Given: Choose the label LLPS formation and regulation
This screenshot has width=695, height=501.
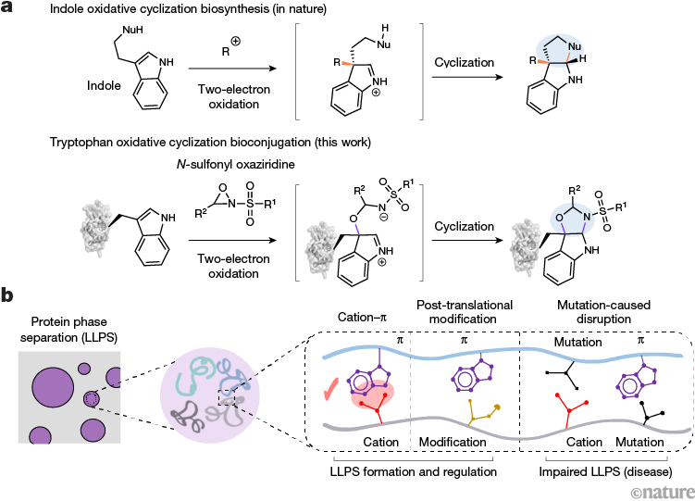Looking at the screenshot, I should [413, 471].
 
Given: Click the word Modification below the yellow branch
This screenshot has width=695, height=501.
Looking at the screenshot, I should [453, 442].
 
